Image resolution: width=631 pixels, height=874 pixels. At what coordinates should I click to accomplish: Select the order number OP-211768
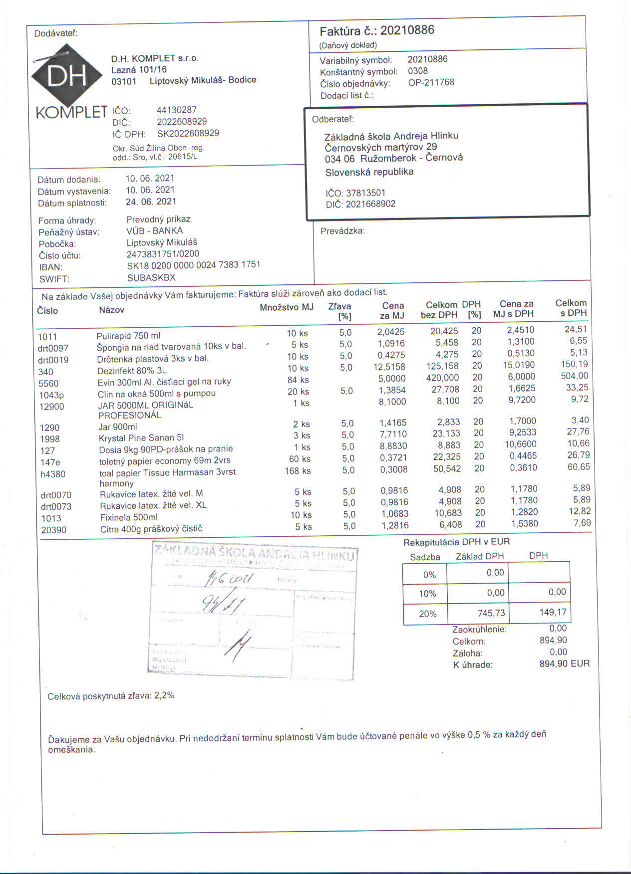point(431,82)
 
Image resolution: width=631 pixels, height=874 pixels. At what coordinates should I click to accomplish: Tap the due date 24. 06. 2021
point(151,202)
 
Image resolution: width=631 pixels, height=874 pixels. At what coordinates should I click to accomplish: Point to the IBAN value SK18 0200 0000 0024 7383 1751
point(193,265)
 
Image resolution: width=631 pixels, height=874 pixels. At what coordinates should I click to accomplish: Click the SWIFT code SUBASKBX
point(151,278)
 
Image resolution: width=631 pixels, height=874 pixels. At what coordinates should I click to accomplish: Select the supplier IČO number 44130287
point(177,110)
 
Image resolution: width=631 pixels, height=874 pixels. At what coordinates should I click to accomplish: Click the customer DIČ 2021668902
point(370,204)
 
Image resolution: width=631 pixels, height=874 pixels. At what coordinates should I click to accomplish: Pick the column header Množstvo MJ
point(286,307)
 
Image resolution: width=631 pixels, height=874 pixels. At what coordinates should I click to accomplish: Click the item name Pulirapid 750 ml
point(128,336)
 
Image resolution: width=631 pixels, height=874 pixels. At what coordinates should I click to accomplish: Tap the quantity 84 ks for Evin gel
point(298,380)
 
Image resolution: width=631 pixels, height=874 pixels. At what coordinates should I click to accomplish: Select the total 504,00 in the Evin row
point(574,376)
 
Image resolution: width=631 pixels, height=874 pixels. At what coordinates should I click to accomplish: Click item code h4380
point(53,474)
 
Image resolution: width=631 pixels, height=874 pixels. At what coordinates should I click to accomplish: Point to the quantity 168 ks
point(298,471)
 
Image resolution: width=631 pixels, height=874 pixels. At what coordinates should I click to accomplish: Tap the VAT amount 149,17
point(553,612)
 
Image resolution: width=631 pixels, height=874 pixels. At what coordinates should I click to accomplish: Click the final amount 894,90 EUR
point(564,663)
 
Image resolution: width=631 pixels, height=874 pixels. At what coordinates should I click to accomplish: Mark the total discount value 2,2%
point(164,695)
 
